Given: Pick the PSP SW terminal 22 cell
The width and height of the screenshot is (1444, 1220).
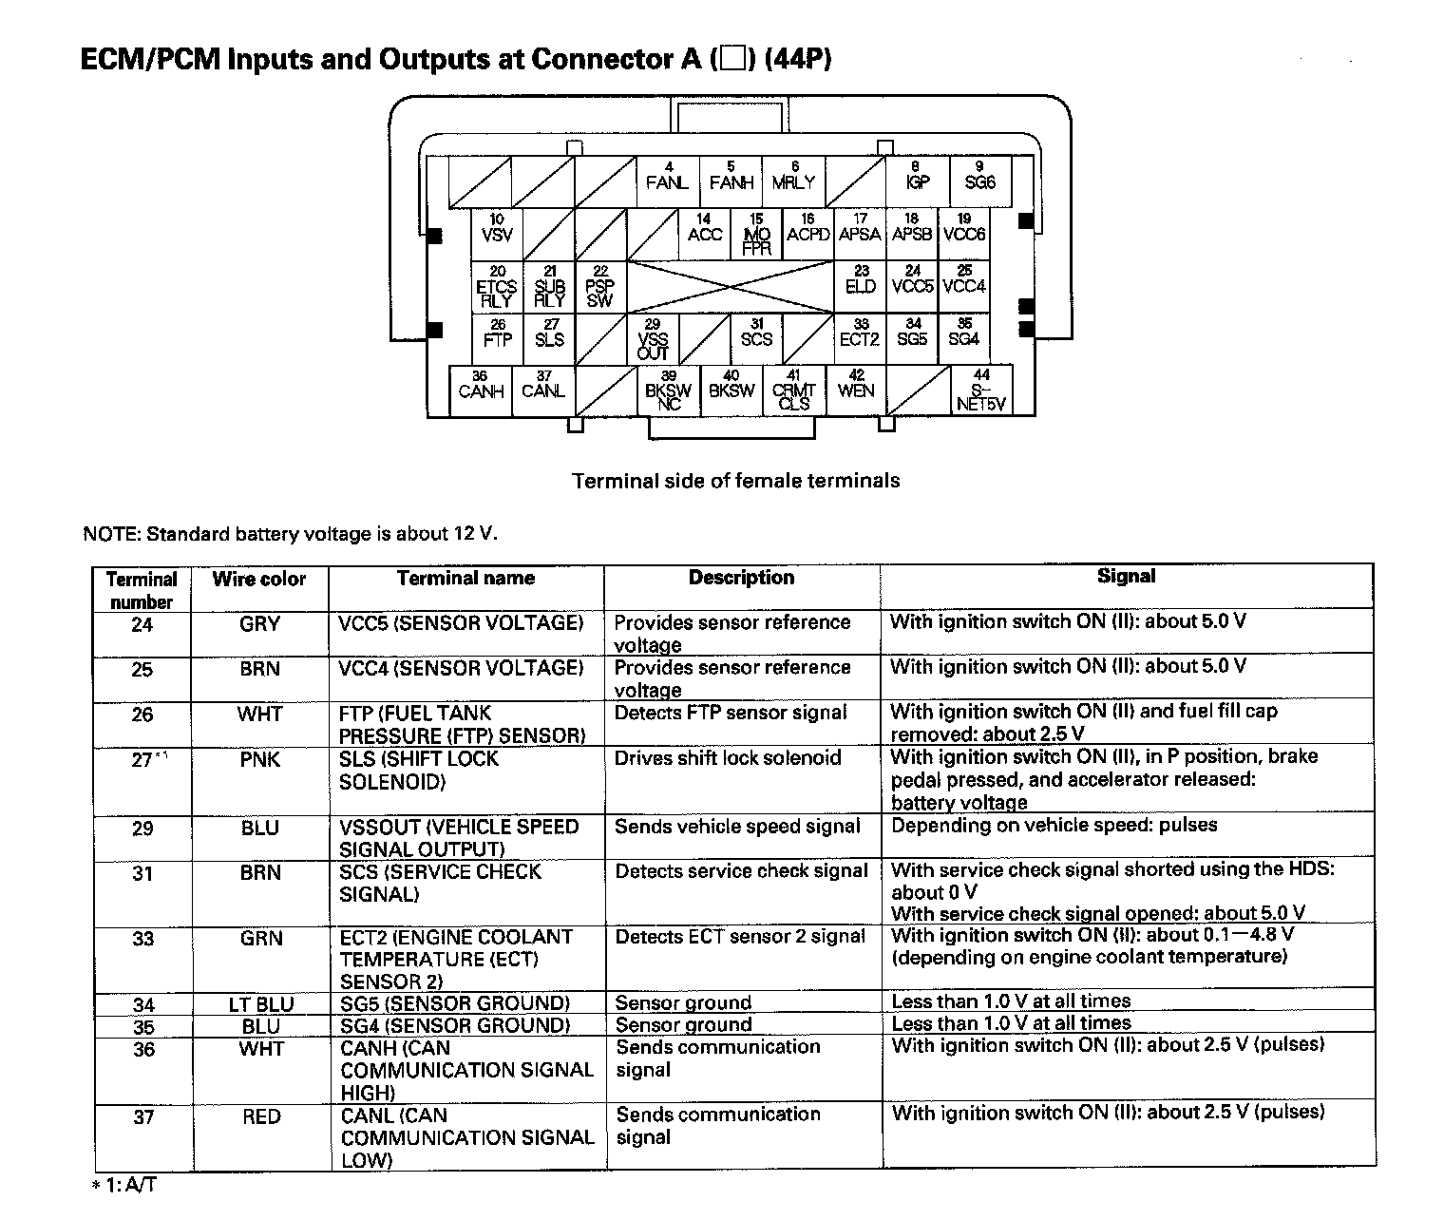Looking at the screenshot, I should (599, 286).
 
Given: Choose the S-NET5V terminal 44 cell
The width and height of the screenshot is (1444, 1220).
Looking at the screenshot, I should (981, 391).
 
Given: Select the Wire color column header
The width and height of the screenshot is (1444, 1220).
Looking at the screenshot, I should (259, 579).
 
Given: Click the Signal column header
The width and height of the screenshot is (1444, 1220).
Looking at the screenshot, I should (1126, 576).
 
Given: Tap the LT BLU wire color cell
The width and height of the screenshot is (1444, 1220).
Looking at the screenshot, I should (261, 1003).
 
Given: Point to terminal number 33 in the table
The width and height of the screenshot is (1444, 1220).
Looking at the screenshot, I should (142, 939).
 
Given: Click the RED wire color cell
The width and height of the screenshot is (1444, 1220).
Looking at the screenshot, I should (261, 1116).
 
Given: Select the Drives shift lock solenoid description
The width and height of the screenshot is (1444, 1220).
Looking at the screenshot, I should (728, 758).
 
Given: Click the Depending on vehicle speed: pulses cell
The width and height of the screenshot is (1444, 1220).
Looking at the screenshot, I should (1054, 825).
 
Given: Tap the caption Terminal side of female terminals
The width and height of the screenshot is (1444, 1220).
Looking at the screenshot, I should (735, 481).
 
